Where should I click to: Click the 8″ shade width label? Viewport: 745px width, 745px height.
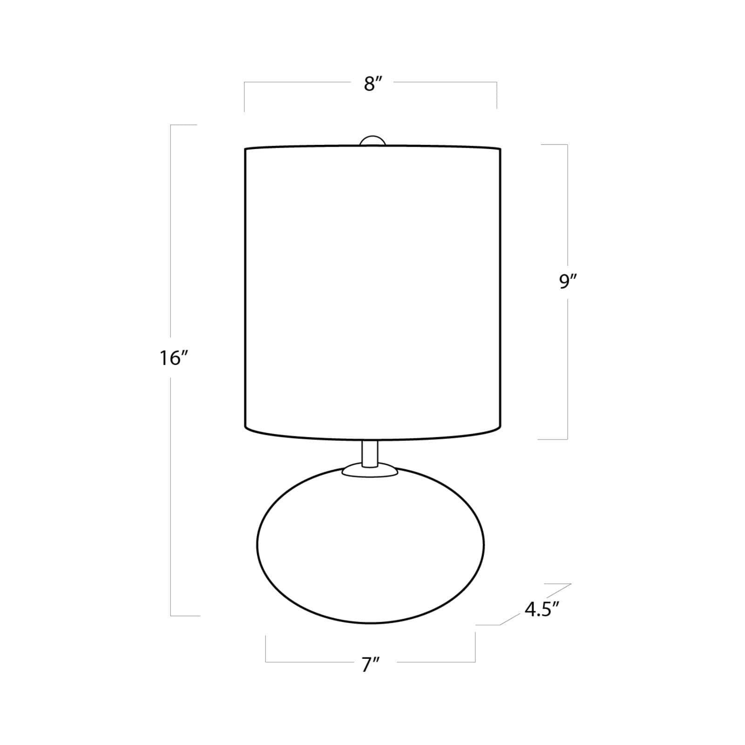(x=373, y=84)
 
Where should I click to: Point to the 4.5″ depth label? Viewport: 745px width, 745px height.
(x=542, y=610)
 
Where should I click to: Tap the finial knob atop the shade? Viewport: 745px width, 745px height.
(x=373, y=142)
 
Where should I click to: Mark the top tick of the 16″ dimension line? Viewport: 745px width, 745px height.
(x=183, y=125)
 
